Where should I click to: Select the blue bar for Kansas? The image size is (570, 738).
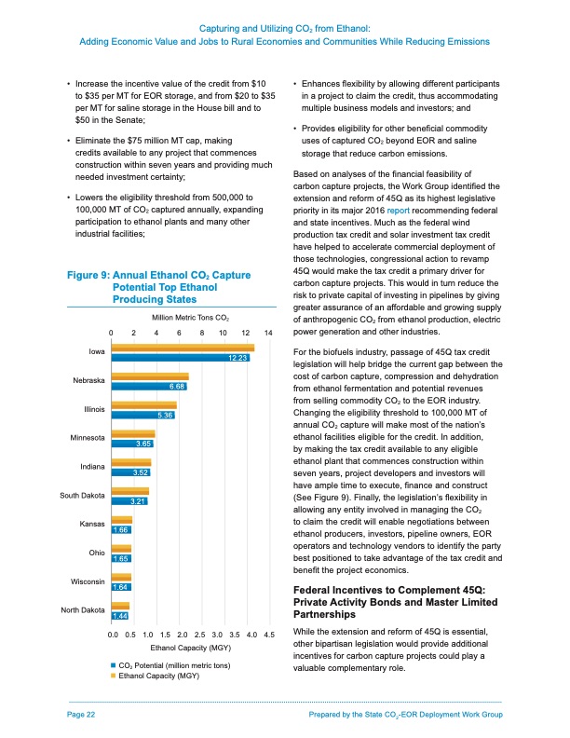pos(121,529)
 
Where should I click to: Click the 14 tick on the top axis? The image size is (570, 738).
pos(268,334)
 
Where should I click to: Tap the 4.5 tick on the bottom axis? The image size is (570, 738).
pos(269,635)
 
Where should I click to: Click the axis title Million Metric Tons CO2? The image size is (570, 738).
pos(189,319)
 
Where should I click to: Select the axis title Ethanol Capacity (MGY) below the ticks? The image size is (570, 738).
pos(190,647)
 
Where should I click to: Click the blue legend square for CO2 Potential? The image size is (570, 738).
pos(114,665)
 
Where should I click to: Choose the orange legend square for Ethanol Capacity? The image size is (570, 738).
pos(114,676)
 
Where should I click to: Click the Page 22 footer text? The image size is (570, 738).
pos(82,714)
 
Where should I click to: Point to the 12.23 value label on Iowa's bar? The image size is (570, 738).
pos(237,358)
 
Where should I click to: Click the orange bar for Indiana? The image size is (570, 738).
pos(130,462)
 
